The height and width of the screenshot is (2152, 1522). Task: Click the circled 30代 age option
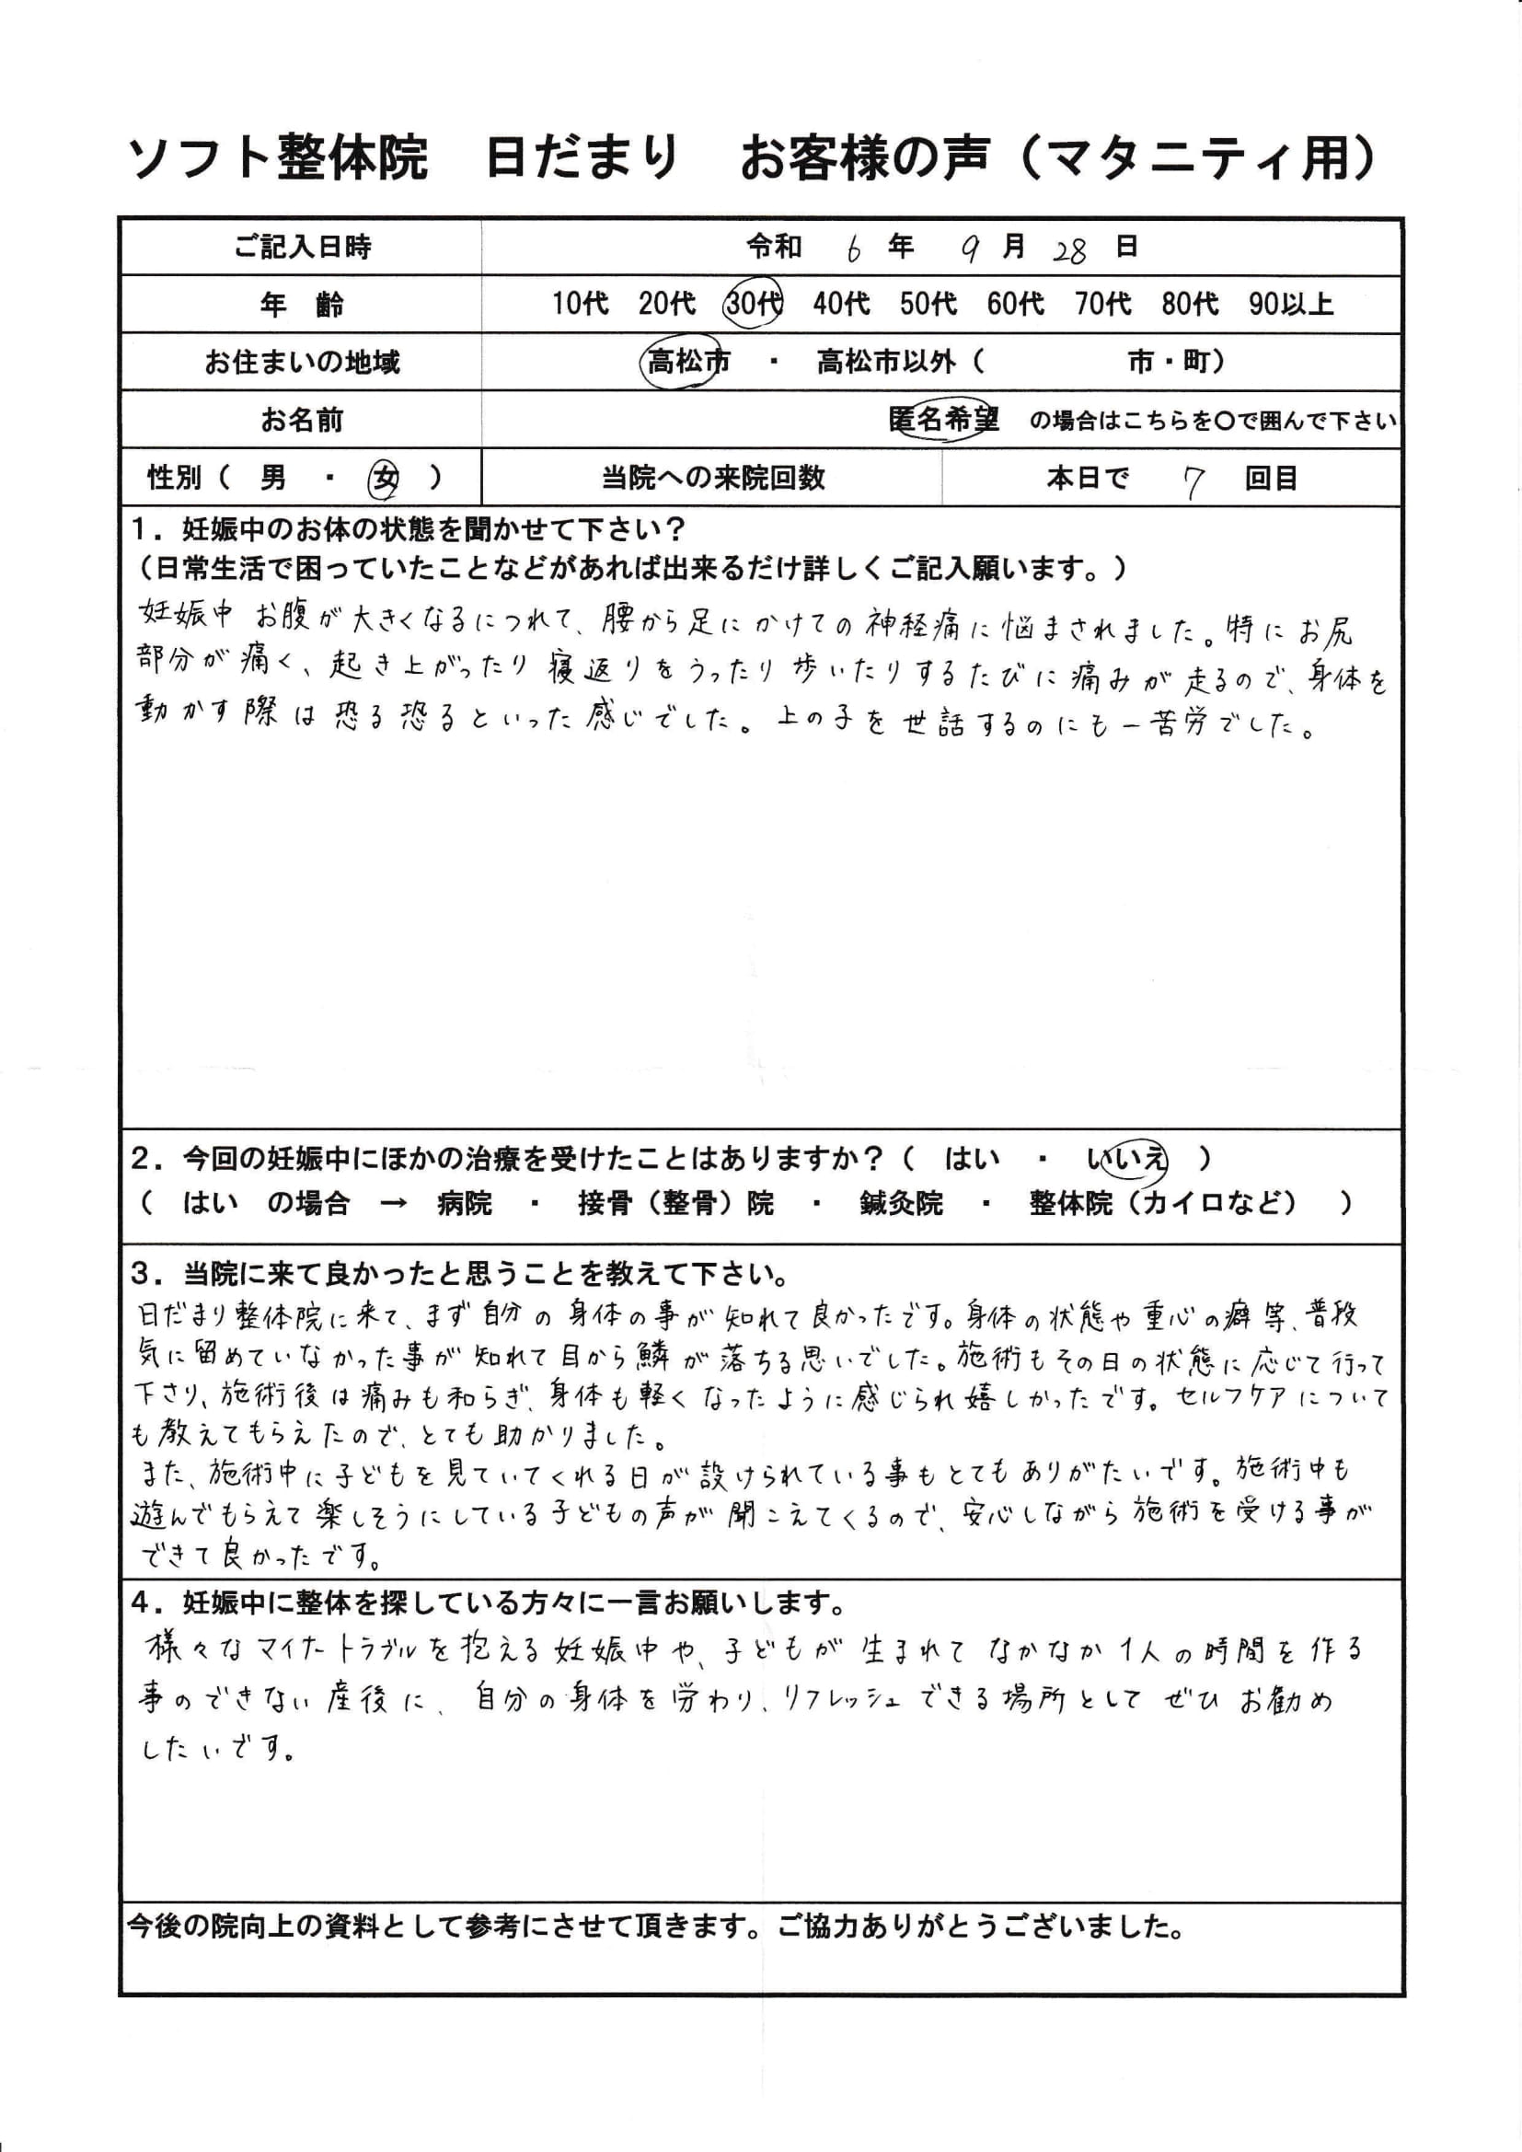754,304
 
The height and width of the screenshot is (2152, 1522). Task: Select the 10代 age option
579,304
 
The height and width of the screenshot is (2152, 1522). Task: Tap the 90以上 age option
1289,304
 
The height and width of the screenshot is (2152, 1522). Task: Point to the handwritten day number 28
1068,250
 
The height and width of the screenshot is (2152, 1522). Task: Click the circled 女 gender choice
386,479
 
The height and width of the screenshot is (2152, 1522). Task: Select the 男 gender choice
272,479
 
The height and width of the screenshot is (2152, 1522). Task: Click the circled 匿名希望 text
943,420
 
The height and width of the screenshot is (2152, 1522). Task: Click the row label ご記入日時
302,248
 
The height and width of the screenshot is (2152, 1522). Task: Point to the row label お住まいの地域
302,362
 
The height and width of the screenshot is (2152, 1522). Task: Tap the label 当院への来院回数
712,479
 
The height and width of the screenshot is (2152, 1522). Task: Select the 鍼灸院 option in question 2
900,1203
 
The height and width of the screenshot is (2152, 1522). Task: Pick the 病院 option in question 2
464,1203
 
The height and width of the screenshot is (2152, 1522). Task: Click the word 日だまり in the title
581,157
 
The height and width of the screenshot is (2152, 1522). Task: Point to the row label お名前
302,421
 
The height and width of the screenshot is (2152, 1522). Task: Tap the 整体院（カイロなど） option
1162,1203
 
